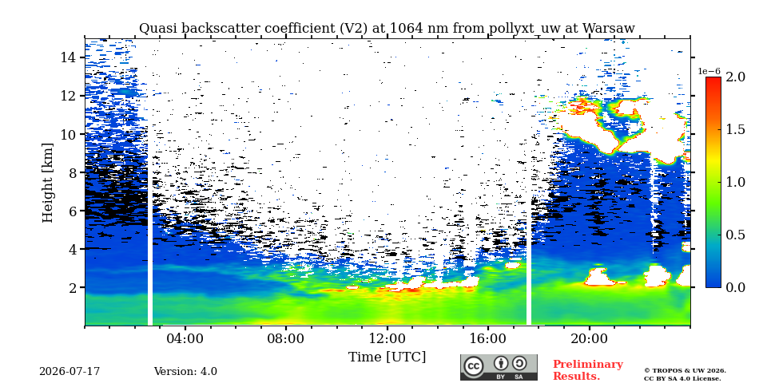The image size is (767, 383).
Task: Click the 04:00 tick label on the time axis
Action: click(185, 338)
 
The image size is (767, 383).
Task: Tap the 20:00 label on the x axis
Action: click(589, 338)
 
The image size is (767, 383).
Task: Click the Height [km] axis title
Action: click(47, 183)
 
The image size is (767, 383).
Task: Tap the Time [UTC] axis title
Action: click(387, 357)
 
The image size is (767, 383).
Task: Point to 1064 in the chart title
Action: click(402, 29)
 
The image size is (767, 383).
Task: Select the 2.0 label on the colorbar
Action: click(735, 77)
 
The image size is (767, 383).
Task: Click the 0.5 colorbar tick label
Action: click(735, 235)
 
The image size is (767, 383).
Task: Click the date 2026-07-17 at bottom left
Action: click(70, 372)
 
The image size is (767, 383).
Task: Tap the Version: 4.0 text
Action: click(185, 372)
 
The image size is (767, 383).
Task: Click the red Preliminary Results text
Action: click(588, 370)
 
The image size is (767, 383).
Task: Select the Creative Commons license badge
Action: click(499, 367)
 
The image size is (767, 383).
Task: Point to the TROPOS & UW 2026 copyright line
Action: click(685, 371)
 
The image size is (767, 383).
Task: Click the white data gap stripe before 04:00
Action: click(150, 182)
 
